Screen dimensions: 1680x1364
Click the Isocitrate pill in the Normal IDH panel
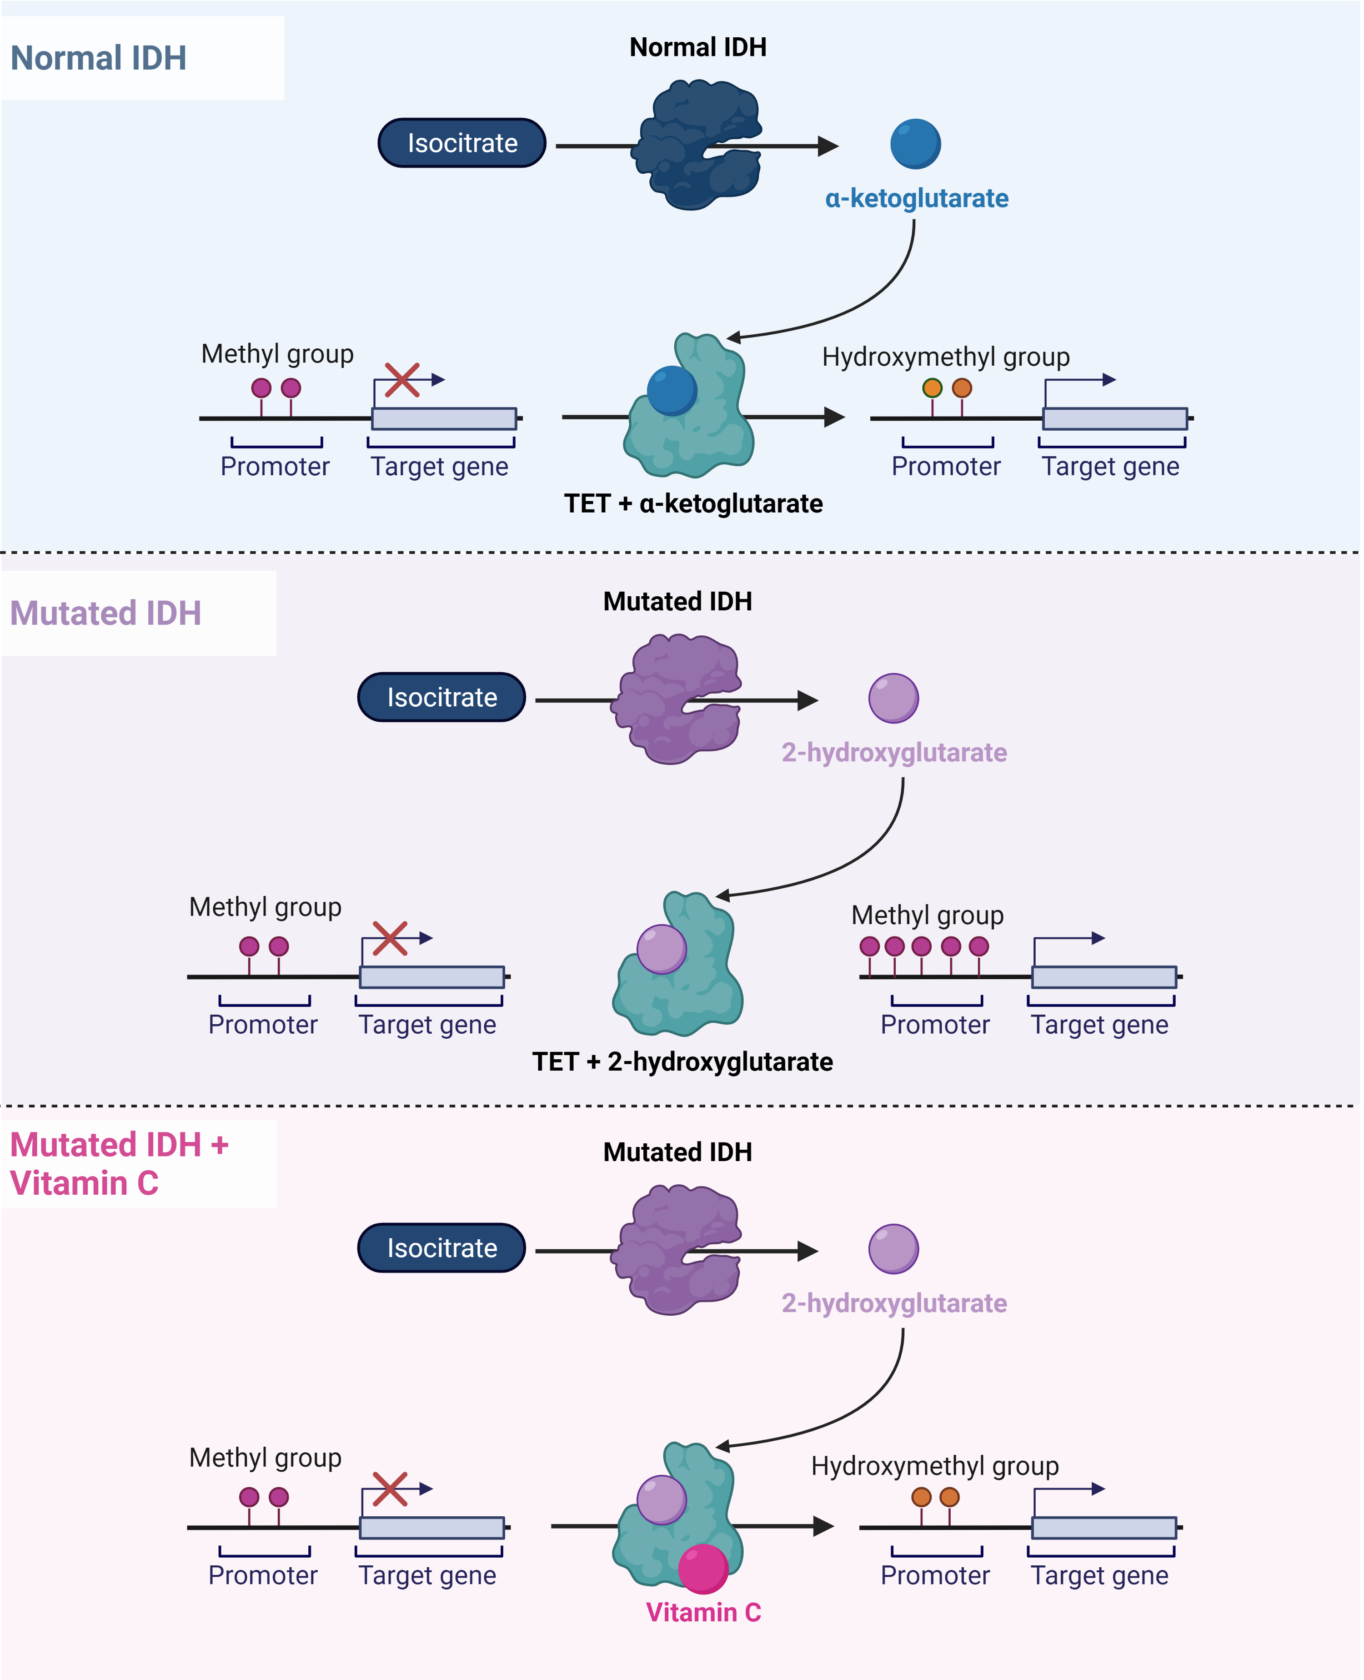(462, 143)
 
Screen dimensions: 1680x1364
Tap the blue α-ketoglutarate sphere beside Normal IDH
(915, 144)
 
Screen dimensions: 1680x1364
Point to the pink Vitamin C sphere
(702, 1569)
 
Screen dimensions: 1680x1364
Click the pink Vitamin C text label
(703, 1612)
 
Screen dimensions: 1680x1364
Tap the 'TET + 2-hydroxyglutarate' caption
(682, 1061)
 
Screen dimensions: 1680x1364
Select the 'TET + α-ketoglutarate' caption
(693, 503)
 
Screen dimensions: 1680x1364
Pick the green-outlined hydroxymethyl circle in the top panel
(932, 387)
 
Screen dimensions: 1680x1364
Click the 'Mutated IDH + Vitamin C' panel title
(118, 1164)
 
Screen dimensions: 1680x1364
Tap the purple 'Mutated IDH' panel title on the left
(105, 613)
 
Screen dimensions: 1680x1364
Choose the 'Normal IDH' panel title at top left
(98, 58)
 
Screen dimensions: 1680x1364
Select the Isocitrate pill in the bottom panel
(441, 1248)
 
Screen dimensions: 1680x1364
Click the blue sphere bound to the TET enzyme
(672, 391)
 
